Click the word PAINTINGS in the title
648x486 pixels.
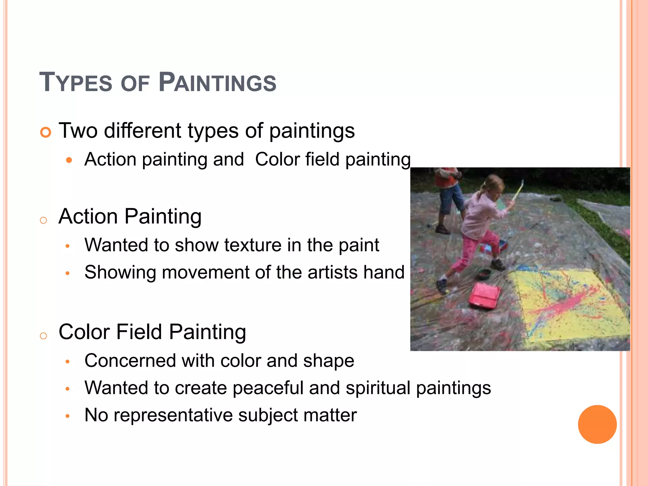click(x=217, y=83)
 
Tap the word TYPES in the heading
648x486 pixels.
click(x=76, y=83)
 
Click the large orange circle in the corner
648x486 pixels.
click(x=597, y=424)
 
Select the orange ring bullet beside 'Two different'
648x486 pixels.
click(x=46, y=132)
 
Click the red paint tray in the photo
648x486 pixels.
click(x=484, y=295)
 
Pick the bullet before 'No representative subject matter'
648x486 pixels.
click(x=67, y=416)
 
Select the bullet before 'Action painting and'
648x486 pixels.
click(x=69, y=160)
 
